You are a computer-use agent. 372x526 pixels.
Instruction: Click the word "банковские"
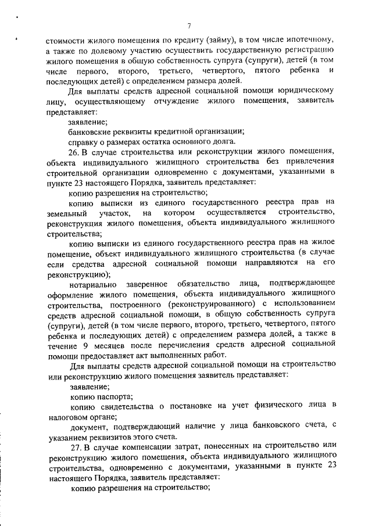(91, 131)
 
